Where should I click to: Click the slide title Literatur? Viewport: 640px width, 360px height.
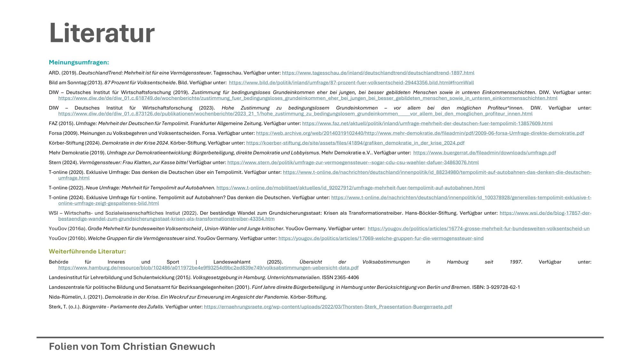[102, 33]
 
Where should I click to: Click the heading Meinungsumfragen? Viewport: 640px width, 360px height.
[79, 62]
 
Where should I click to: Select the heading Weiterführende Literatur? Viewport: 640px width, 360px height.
[87, 252]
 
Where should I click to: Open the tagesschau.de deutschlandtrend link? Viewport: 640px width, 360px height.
[378, 73]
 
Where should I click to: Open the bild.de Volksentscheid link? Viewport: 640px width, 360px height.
[351, 83]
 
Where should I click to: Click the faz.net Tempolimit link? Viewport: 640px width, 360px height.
[427, 124]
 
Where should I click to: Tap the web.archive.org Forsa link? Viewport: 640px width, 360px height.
[420, 133]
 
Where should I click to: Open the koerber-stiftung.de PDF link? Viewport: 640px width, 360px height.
[355, 143]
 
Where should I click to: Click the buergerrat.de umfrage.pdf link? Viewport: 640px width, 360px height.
[484, 153]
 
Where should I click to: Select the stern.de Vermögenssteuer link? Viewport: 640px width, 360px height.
[353, 163]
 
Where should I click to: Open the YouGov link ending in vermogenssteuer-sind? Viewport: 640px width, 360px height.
[381, 238]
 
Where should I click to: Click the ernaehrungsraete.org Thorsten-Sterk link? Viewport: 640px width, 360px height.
[328, 307]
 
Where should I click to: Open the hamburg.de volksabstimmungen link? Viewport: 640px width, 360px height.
[208, 268]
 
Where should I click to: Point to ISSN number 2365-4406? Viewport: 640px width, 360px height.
[346, 277]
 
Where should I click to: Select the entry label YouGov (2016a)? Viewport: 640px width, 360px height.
[68, 229]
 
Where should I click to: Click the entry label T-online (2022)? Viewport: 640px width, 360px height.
[67, 188]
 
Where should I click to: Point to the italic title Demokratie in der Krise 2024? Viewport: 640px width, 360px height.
[135, 143]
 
